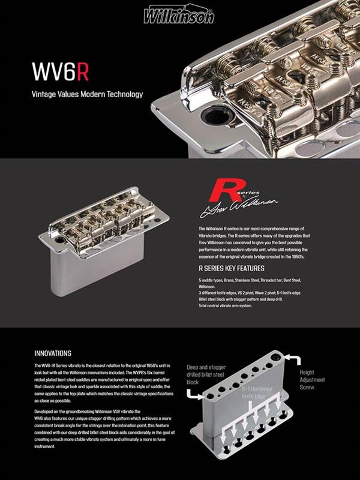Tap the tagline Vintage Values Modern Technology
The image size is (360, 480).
pos(87,94)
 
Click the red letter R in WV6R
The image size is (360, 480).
pos(83,71)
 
